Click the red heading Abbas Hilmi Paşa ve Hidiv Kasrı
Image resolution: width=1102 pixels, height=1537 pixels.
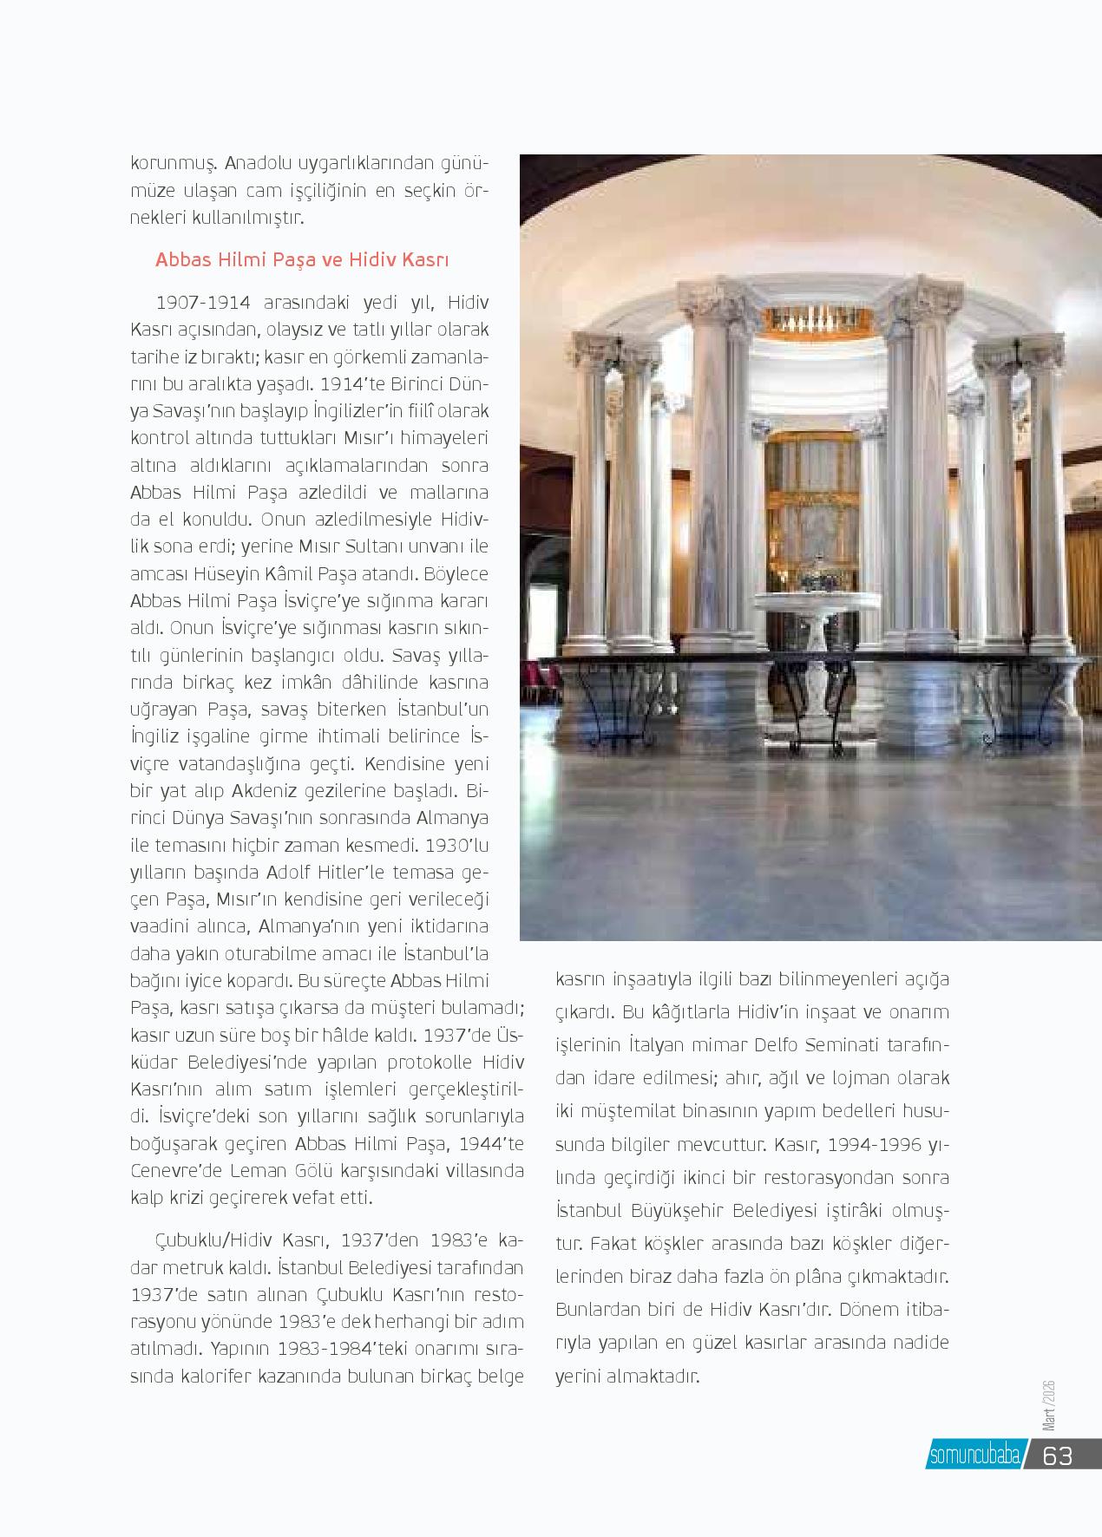[x=301, y=260]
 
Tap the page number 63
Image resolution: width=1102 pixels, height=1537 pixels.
[x=1058, y=1455]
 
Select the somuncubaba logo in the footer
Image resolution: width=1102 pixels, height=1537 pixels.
[x=974, y=1456]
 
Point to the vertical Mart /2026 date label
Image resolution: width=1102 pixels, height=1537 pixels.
[x=1047, y=1406]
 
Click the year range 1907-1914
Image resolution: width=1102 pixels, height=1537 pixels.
[x=202, y=303]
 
